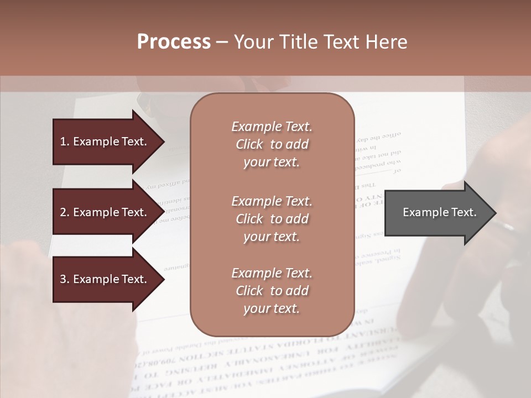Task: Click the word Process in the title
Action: click(x=174, y=42)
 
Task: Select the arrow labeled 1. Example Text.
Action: click(x=105, y=142)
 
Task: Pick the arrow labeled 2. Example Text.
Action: click(x=105, y=212)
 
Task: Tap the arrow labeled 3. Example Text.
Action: click(x=105, y=279)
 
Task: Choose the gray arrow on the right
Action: click(x=437, y=212)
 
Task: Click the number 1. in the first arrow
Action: click(x=65, y=142)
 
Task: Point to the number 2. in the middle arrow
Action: click(x=65, y=212)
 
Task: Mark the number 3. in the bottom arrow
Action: click(x=65, y=279)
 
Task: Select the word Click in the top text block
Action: click(x=249, y=144)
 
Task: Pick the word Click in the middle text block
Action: click(x=249, y=219)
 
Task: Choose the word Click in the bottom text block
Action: click(x=249, y=291)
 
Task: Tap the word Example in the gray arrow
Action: click(x=423, y=212)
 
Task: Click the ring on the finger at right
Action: click(x=504, y=226)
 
